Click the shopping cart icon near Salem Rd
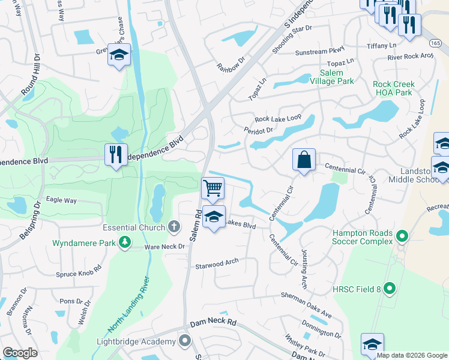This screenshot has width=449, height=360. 212,188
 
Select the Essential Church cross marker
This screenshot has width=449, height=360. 174,227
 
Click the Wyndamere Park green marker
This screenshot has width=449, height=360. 125,242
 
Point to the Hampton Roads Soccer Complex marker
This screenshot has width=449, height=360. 403,238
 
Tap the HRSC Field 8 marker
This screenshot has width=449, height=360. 390,289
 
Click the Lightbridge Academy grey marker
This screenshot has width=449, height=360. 185,341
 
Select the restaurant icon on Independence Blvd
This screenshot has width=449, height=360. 115,154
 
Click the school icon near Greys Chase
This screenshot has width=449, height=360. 119,56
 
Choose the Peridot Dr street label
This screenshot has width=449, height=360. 258,130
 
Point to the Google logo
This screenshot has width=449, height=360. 20,353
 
